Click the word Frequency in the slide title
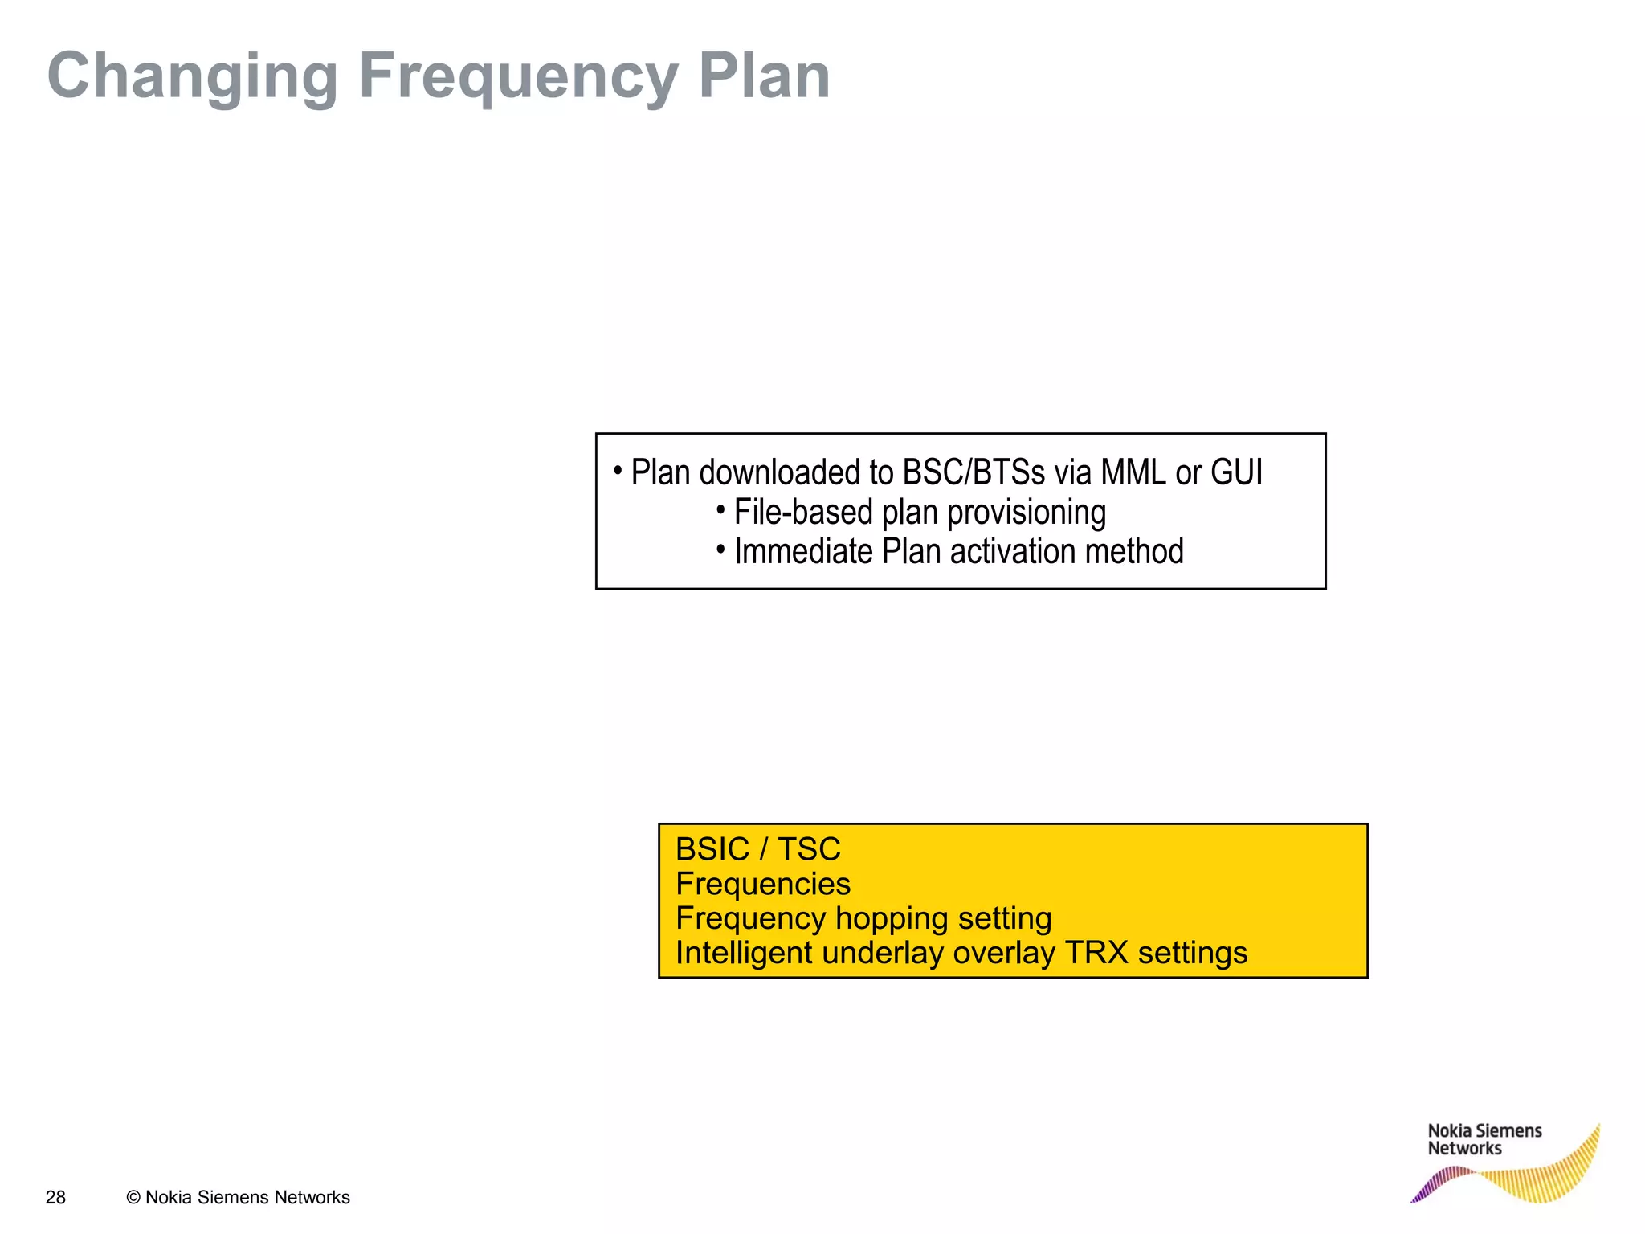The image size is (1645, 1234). click(x=518, y=76)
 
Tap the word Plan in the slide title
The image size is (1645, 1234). click(x=764, y=76)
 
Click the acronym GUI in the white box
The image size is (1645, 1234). click(x=1236, y=472)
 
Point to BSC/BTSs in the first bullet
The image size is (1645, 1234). click(x=974, y=472)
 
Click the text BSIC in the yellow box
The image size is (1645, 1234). click(x=712, y=849)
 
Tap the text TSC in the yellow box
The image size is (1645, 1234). click(x=808, y=849)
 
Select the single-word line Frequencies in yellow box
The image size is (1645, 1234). click(x=762, y=884)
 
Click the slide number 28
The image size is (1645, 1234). click(x=55, y=1197)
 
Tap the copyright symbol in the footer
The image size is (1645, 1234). click(x=133, y=1197)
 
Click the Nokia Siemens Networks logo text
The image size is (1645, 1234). click(x=1484, y=1139)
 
